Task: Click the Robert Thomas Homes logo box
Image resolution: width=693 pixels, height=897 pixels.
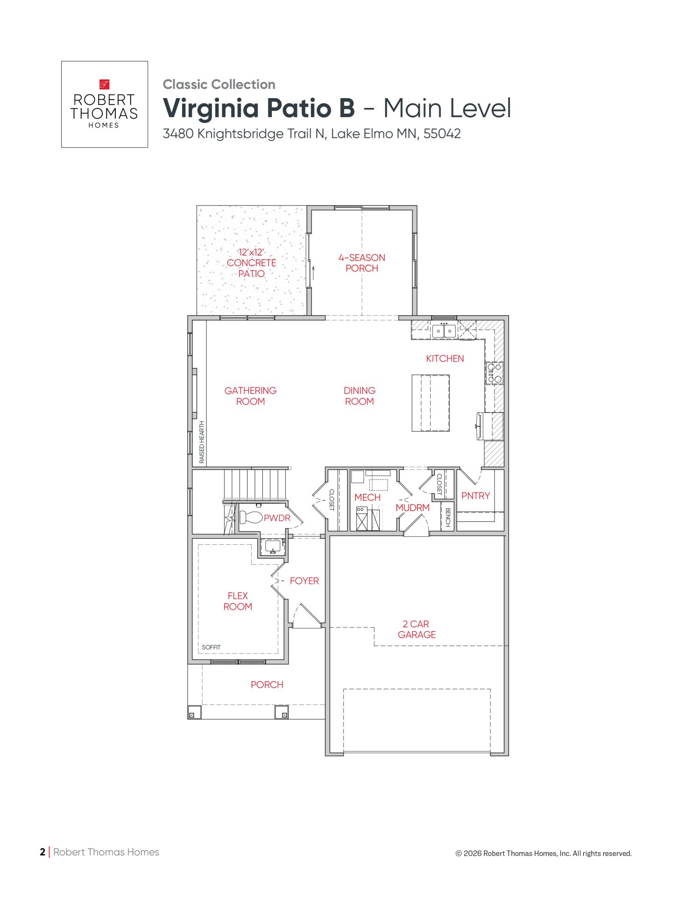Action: click(105, 104)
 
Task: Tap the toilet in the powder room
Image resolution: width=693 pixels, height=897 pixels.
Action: click(251, 517)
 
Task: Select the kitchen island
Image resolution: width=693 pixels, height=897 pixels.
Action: click(431, 403)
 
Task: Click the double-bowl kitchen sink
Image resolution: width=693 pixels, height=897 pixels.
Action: click(444, 330)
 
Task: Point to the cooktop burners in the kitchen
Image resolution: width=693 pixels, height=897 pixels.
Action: click(495, 373)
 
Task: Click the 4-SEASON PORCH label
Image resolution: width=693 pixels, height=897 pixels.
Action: click(362, 263)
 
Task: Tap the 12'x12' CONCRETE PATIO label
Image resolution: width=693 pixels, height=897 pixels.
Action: click(251, 263)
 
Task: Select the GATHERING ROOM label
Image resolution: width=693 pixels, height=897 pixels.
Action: click(250, 396)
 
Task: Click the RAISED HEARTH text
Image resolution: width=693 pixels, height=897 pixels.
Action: click(202, 442)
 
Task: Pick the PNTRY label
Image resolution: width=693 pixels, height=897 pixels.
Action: click(475, 496)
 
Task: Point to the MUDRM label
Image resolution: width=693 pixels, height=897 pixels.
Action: click(412, 508)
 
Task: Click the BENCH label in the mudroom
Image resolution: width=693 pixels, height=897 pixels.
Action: click(447, 517)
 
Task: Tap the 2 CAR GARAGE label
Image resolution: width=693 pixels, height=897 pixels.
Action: click(417, 629)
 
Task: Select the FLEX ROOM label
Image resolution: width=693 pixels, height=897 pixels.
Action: click(238, 601)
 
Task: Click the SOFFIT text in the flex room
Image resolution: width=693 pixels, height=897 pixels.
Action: click(211, 647)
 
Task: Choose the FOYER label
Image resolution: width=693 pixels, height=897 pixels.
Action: click(304, 581)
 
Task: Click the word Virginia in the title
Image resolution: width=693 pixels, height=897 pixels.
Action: click(211, 108)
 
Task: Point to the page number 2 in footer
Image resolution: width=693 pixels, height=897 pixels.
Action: click(42, 852)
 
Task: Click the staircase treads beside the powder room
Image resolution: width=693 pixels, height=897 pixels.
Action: click(255, 484)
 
